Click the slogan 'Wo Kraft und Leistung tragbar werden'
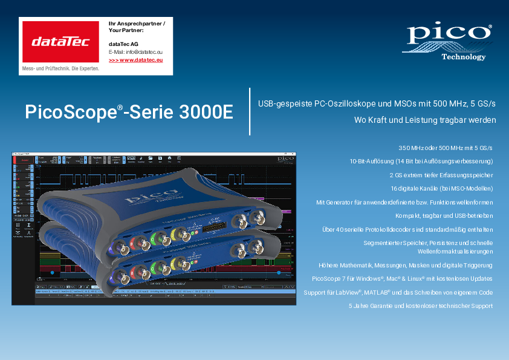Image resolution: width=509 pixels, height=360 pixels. pos(425,120)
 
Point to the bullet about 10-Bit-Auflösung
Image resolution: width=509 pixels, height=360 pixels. pos(421,162)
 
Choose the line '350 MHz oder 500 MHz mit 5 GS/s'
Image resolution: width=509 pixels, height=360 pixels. pos(446,148)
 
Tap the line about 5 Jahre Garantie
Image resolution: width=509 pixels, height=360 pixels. pos(421,306)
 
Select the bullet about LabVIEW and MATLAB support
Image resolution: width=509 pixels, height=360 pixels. pos(403,292)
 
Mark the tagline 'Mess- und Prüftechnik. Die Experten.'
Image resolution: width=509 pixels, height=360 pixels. pos(60,69)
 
